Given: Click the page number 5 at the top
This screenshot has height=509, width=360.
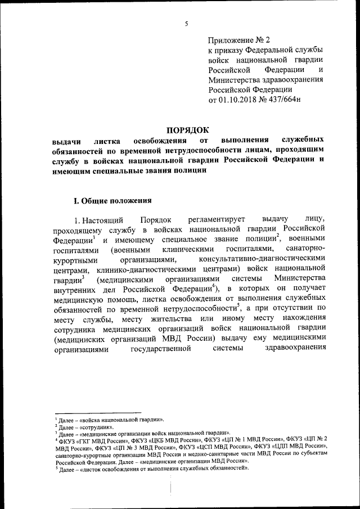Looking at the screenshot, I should (x=186, y=23).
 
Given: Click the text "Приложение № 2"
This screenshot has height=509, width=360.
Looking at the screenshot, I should (x=239, y=40).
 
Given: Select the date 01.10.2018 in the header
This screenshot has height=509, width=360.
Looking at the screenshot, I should (x=240, y=100).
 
